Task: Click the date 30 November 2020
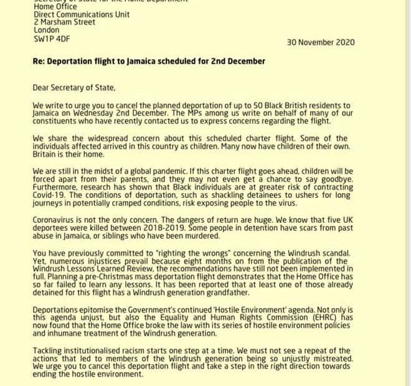320,42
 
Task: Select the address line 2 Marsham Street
65,21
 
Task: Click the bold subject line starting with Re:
149,61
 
